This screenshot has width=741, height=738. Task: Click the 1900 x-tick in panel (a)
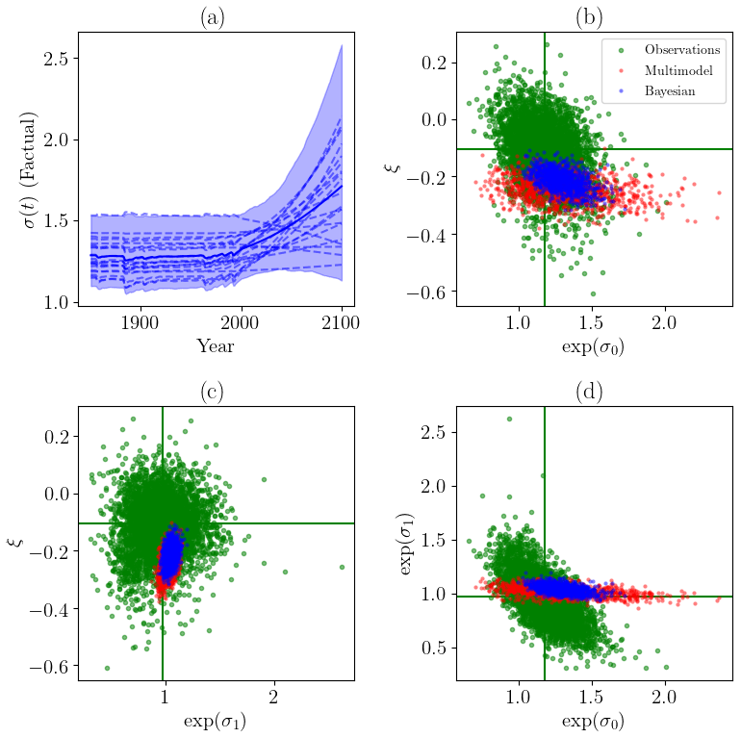coord(141,320)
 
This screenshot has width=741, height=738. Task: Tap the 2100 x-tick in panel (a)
coord(342,320)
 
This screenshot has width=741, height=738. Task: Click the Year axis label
coord(216,345)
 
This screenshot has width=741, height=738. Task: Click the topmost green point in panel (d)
coord(509,420)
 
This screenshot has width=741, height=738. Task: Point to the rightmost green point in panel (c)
coord(342,567)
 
